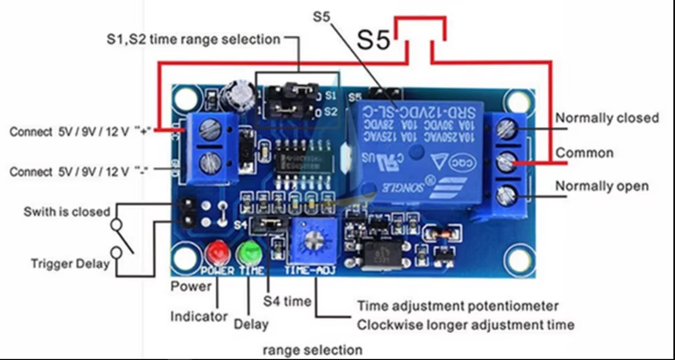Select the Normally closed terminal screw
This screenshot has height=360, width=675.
point(507,129)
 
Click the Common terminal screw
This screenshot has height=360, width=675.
point(507,161)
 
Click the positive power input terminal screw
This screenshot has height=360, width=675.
point(209,129)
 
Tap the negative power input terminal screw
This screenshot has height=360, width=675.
point(209,162)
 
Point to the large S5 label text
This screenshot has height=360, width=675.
point(374,41)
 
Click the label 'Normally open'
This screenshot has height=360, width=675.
point(601,186)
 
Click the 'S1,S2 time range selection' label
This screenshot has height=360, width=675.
point(193,39)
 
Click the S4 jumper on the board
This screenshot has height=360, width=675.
point(266,223)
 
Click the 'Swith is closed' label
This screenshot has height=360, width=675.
point(66,211)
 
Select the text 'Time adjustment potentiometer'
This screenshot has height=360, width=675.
point(458,306)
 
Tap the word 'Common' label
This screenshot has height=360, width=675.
point(584,152)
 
